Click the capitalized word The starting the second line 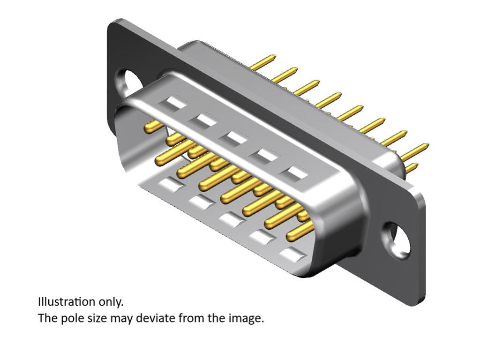point(45,319)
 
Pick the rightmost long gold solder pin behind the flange point(415,150)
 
